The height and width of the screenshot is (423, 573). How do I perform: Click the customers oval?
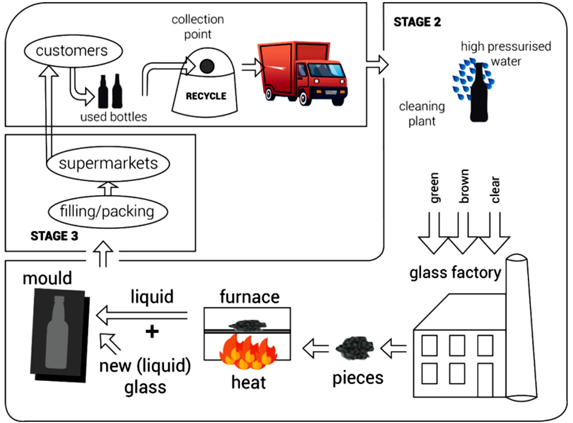click(x=72, y=52)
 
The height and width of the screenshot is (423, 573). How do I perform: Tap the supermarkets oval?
click(x=108, y=162)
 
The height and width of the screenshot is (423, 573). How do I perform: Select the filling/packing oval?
click(x=108, y=211)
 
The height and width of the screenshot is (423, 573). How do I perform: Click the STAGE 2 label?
click(x=417, y=22)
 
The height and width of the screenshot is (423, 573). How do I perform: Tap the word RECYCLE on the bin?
click(x=206, y=97)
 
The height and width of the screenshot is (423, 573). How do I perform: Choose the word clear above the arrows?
click(x=496, y=189)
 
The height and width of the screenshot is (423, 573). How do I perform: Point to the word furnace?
click(x=249, y=297)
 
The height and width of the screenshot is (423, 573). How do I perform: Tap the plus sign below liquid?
click(x=152, y=332)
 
